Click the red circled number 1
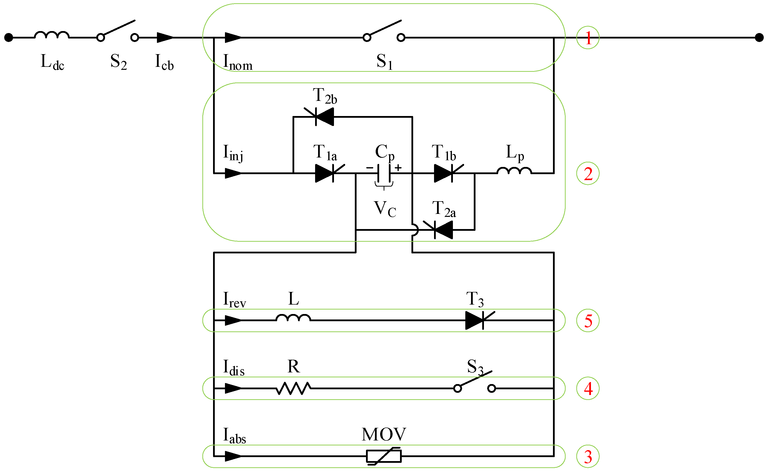[587, 38]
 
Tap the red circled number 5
[587, 320]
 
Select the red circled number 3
[587, 456]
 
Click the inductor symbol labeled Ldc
[52, 35]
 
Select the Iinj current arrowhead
[233, 173]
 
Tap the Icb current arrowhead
[165, 38]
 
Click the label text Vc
[385, 209]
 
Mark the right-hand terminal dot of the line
[759, 38]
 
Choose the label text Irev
[234, 300]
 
